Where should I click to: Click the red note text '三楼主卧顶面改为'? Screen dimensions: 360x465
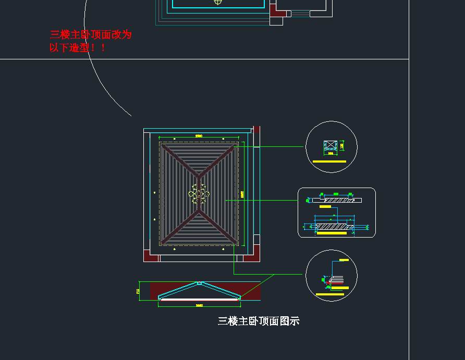click(x=91, y=35)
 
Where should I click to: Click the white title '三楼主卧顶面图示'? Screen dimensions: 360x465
click(x=259, y=321)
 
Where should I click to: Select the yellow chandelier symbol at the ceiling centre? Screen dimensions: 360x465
click(x=199, y=194)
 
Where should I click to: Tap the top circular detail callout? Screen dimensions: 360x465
click(x=331, y=146)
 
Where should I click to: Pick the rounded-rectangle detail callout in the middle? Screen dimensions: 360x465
click(x=336, y=213)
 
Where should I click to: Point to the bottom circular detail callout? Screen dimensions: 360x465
click(x=331, y=275)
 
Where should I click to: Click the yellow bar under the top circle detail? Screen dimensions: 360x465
click(x=329, y=162)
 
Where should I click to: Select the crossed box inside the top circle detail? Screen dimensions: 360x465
click(x=330, y=145)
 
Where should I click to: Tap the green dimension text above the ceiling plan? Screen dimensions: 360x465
click(x=199, y=136)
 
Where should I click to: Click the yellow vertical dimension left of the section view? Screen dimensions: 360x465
click(x=138, y=291)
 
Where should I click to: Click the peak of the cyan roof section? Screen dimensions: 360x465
click(x=199, y=283)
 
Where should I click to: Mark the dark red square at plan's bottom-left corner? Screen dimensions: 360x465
click(x=151, y=256)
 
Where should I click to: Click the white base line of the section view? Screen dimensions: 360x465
click(x=199, y=300)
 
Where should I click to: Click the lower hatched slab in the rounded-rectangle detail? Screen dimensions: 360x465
click(x=334, y=227)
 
